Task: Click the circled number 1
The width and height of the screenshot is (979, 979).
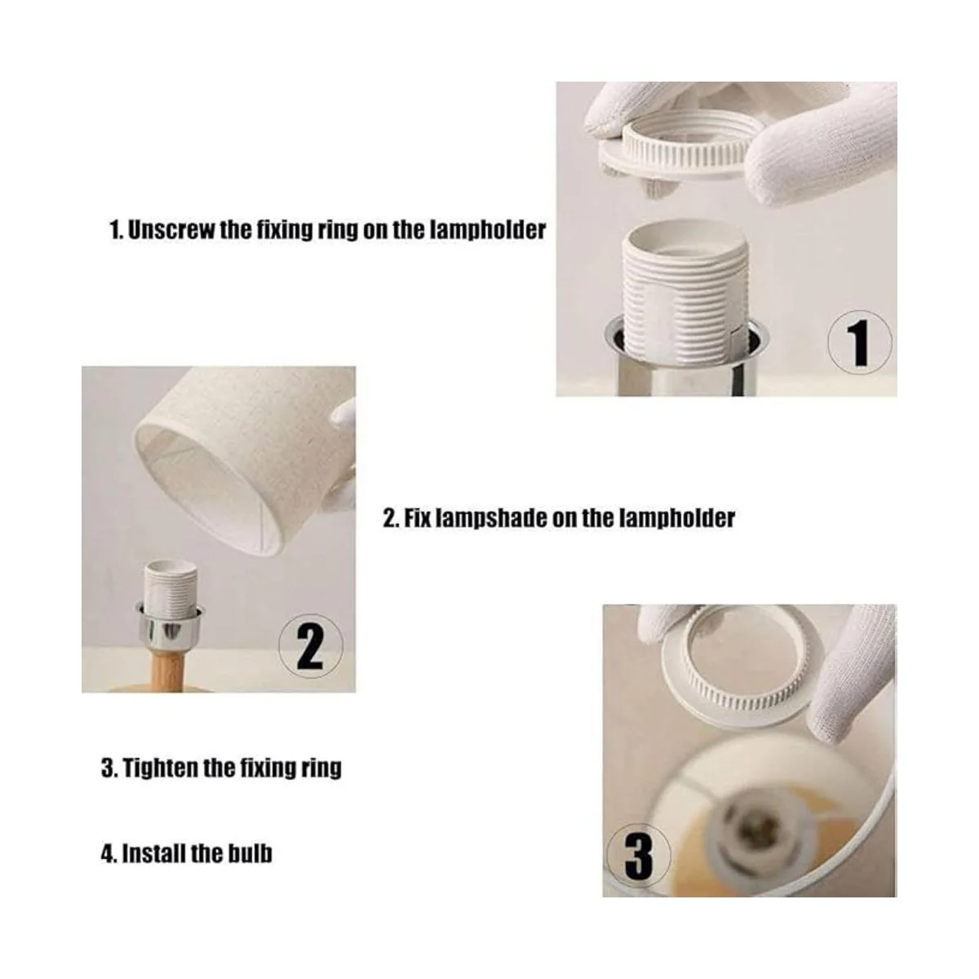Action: coord(859,343)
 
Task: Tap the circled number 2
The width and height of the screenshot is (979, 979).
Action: coord(310,645)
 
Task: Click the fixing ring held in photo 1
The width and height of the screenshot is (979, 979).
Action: coord(676,153)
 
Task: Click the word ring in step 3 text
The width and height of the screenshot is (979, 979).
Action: coord(321,769)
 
